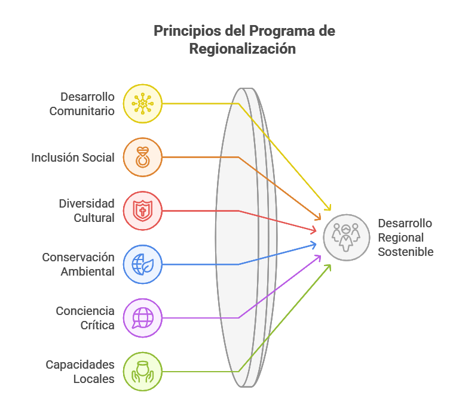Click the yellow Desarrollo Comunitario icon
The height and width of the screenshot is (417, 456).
pyautogui.click(x=142, y=103)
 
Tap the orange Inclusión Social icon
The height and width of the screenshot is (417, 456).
pyautogui.click(x=142, y=157)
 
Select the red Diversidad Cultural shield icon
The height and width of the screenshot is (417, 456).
pyautogui.click(x=142, y=211)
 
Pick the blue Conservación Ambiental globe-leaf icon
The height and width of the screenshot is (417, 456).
pyautogui.click(x=142, y=264)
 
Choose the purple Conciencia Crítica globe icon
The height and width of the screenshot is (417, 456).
pyautogui.click(x=142, y=317)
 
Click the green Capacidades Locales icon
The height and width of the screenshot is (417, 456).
pyautogui.click(x=142, y=371)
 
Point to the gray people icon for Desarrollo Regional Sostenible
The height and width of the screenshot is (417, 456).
pyautogui.click(x=347, y=237)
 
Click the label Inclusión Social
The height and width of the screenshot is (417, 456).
pyautogui.click(x=73, y=157)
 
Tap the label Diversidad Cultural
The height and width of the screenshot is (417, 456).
pyautogui.click(x=86, y=211)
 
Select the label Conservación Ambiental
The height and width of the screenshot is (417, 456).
pyautogui.click(x=78, y=264)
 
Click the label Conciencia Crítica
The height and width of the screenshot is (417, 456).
pyautogui.click(x=85, y=318)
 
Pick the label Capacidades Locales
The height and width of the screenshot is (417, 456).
pyautogui.click(x=80, y=371)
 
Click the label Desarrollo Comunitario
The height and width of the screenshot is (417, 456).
pyautogui.click(x=82, y=104)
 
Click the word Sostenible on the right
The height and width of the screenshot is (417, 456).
pyautogui.click(x=405, y=252)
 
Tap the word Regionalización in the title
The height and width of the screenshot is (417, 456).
pyautogui.click(x=242, y=50)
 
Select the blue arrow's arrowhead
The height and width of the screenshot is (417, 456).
pyautogui.click(x=314, y=244)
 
